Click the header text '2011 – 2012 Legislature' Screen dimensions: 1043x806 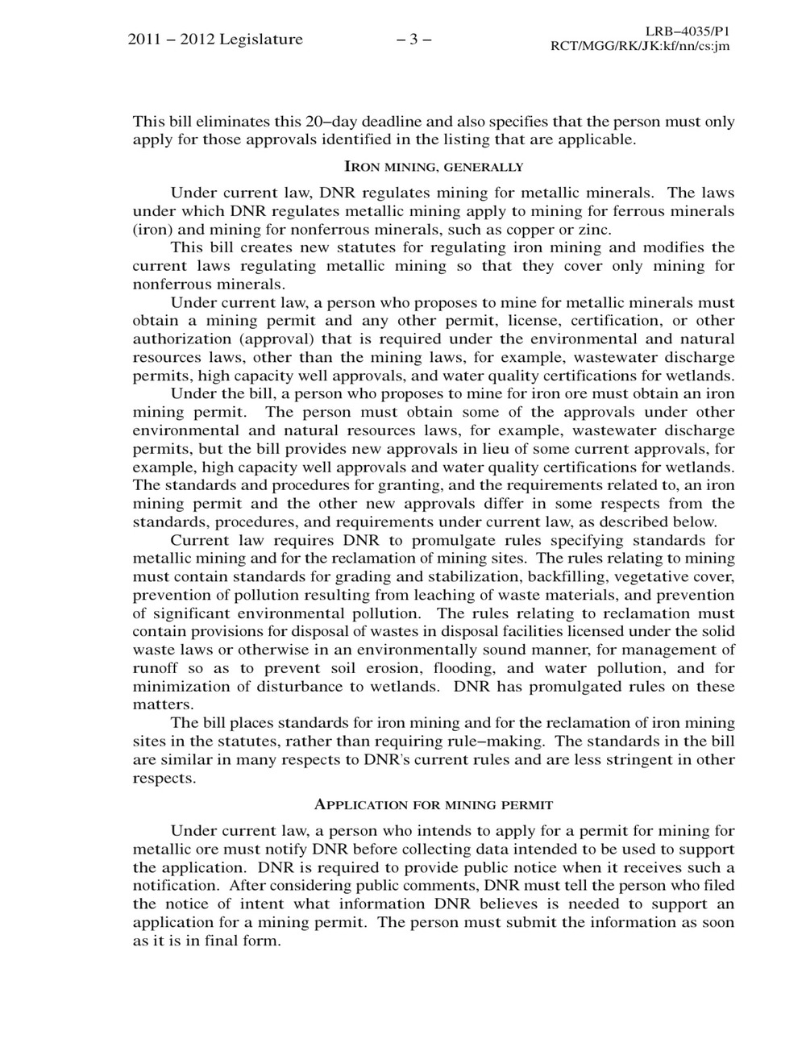pyautogui.click(x=215, y=39)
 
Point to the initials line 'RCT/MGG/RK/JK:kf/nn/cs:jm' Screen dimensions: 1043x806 pyautogui.click(x=639, y=46)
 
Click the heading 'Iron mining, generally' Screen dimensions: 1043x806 pyautogui.click(x=434, y=168)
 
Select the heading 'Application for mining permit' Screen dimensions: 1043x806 pyautogui.click(x=434, y=804)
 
